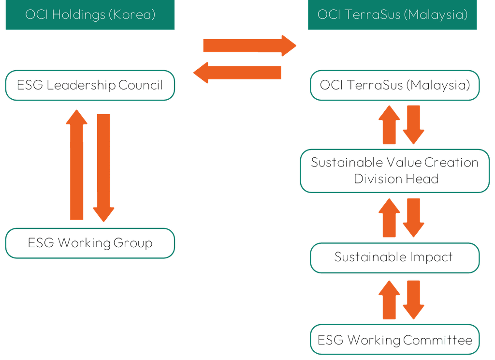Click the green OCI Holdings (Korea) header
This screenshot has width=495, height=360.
click(x=90, y=15)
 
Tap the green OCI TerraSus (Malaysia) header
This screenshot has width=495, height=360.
click(x=393, y=15)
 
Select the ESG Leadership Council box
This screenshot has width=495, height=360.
click(x=90, y=85)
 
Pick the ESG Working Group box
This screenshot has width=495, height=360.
click(x=90, y=243)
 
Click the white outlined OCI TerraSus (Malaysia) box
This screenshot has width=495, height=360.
click(x=395, y=85)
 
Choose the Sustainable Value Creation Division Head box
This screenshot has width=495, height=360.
click(x=395, y=171)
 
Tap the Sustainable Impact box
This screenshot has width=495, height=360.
click(x=395, y=258)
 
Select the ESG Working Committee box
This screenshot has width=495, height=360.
click(x=395, y=340)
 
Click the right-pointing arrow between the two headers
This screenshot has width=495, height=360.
click(x=250, y=46)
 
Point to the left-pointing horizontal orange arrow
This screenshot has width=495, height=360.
click(x=237, y=73)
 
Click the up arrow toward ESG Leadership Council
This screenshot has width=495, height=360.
click(x=77, y=165)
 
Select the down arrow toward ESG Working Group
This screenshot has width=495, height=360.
click(x=103, y=168)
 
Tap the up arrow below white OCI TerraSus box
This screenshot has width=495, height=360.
click(x=389, y=124)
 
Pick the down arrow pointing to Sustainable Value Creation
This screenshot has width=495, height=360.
click(x=414, y=124)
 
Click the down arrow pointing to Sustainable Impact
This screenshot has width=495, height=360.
click(x=414, y=218)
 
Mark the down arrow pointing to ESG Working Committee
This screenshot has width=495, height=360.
click(x=414, y=300)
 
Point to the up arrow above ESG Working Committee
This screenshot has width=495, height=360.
click(x=389, y=300)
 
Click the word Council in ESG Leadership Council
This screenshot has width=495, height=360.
click(x=141, y=85)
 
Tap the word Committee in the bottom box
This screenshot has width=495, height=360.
click(x=437, y=340)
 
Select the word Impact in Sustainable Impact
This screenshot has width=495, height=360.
click(x=431, y=257)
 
